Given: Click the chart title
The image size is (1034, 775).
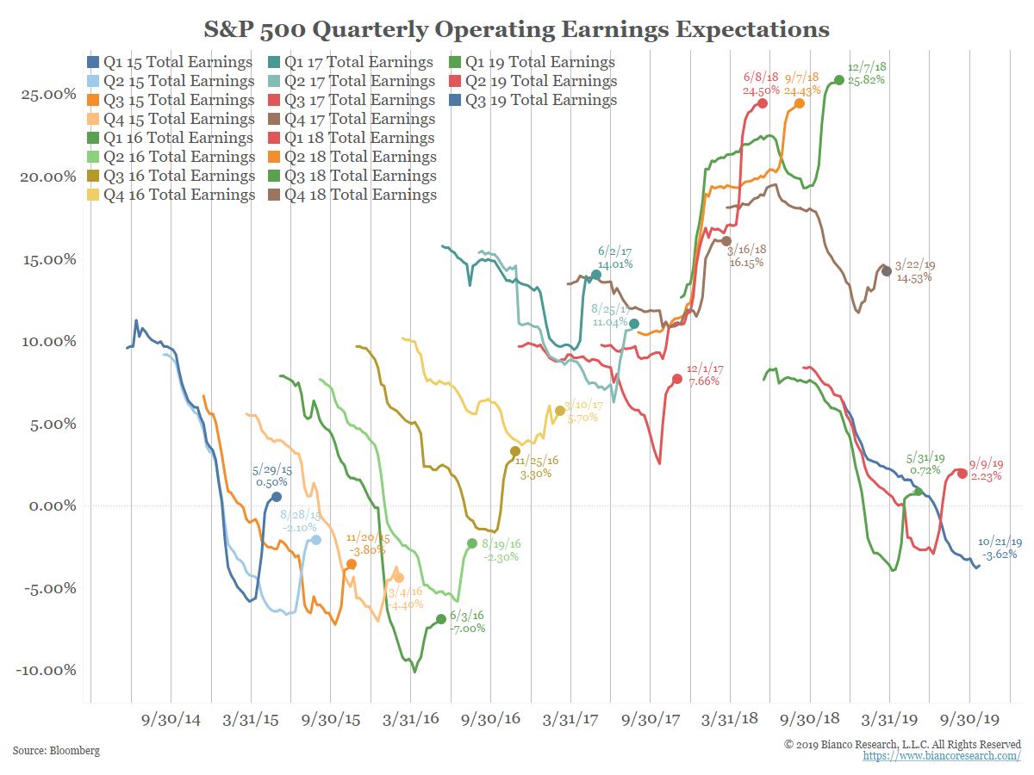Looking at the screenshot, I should [x=516, y=30].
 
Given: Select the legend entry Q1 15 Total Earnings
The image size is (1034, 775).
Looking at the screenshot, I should [x=170, y=63].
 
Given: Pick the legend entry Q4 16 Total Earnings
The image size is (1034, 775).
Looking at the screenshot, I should [x=170, y=195].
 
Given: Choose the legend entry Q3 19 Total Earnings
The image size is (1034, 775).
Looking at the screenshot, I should [x=532, y=100].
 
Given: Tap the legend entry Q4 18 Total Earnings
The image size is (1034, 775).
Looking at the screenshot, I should [x=351, y=195].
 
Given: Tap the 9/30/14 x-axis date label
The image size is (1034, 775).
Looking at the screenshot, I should [x=170, y=719].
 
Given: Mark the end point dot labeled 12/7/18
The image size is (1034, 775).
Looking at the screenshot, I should [x=839, y=80].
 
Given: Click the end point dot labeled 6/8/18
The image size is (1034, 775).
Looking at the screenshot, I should [x=763, y=103].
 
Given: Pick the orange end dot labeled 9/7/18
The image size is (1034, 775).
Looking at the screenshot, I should [x=800, y=103].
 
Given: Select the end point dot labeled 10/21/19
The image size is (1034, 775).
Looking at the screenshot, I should [x=976, y=566].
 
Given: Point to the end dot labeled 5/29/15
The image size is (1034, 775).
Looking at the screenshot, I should [x=277, y=497].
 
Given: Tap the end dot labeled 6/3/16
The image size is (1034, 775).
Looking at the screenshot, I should [x=441, y=619].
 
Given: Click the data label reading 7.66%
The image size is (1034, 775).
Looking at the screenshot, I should [x=702, y=381].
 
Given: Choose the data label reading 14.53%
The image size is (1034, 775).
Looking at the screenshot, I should [x=914, y=278].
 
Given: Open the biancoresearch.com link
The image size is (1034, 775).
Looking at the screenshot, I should [x=942, y=755].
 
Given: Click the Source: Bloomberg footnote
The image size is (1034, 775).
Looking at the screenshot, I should [x=56, y=751].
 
